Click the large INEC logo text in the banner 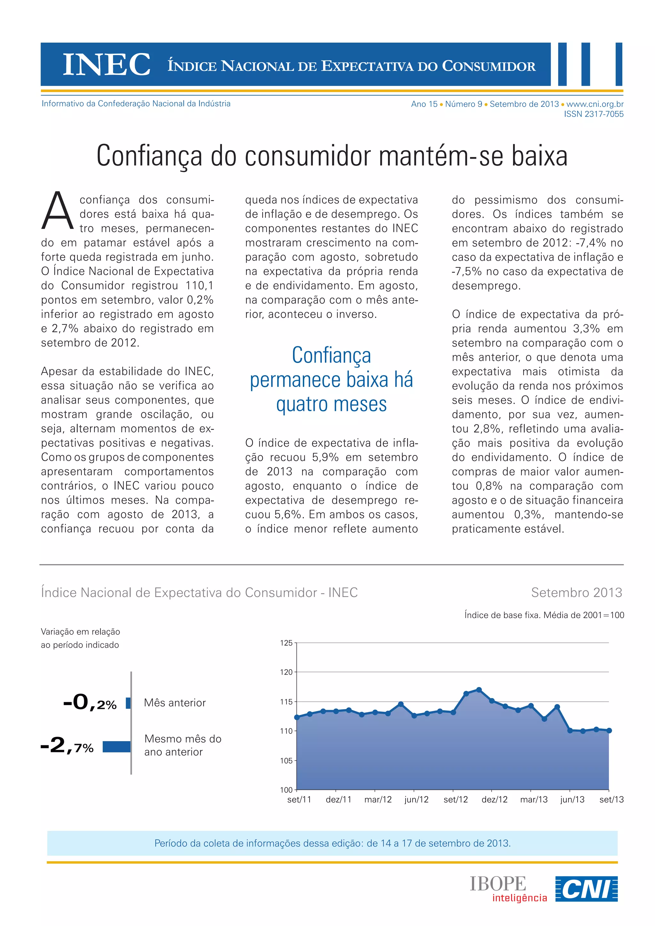pos(107,65)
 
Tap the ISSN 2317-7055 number pos(593,114)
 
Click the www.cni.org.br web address pos(595,104)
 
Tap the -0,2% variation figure pos(90,702)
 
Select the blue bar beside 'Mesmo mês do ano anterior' pos(116,747)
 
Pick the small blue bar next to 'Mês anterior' pos(128,703)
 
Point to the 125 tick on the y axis pos(286,643)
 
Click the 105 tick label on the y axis pos(286,761)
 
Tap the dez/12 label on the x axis pos(494,799)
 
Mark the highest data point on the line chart pos(479,690)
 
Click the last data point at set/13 pos(609,730)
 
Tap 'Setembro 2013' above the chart pos(576,592)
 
